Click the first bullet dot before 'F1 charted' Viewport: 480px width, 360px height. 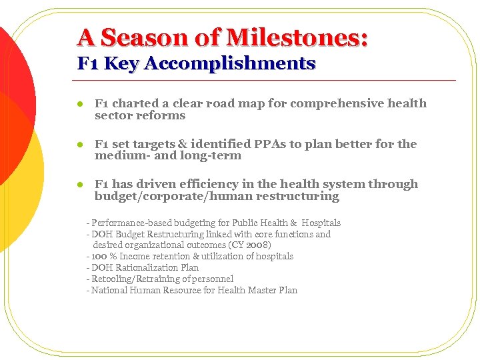tap(79, 104)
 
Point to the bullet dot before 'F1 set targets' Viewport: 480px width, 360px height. tap(79, 145)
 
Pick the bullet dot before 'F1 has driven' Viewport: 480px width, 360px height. tap(79, 185)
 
